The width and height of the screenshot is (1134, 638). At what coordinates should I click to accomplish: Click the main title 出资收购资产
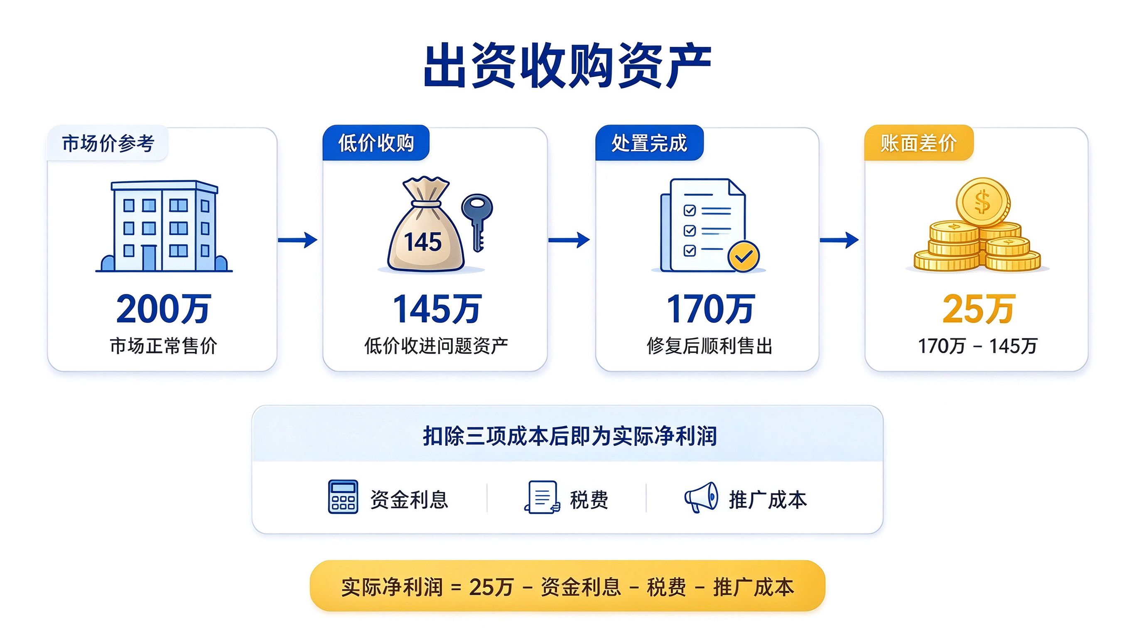[567, 66]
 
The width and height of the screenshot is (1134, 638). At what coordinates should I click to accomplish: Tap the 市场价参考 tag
[108, 143]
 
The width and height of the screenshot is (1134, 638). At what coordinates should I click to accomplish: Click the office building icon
[164, 226]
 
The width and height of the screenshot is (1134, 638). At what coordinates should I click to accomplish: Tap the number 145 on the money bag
[422, 242]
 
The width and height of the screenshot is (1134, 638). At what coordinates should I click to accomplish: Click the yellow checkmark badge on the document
[744, 256]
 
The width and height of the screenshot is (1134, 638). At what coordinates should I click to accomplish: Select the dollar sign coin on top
[982, 203]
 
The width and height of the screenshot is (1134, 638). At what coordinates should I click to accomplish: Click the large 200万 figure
[164, 309]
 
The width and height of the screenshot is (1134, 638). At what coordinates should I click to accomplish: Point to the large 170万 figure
[710, 309]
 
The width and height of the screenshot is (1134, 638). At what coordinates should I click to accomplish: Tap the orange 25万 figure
[979, 309]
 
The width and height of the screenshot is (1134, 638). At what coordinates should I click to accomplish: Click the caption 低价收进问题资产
[436, 346]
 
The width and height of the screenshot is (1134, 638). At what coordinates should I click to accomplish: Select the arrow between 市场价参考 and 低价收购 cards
[297, 240]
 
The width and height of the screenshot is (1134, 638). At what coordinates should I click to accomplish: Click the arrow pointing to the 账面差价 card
[839, 240]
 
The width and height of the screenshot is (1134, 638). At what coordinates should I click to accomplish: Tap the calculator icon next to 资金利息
[343, 497]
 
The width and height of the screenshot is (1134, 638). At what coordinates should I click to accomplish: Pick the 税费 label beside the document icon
[589, 500]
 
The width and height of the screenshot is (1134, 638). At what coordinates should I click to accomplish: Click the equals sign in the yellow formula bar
[456, 588]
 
